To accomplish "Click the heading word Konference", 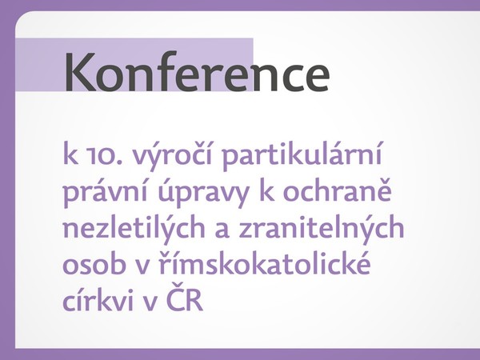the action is (x=197, y=71).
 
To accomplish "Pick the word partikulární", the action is (x=302, y=155).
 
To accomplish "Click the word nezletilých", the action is (x=134, y=228).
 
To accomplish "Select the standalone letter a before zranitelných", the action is (x=222, y=231).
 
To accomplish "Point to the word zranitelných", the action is (x=322, y=228).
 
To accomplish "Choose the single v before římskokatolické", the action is (x=142, y=266).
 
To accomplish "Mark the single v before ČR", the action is (x=151, y=302).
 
